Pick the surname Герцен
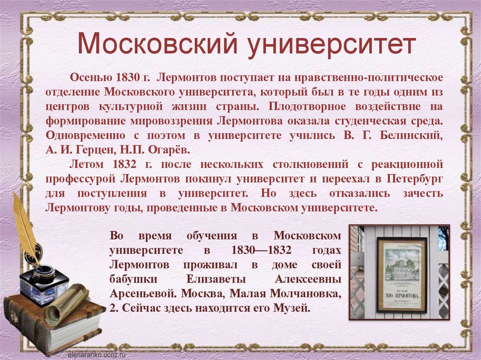click(101, 150)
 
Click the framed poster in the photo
click(402, 275)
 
